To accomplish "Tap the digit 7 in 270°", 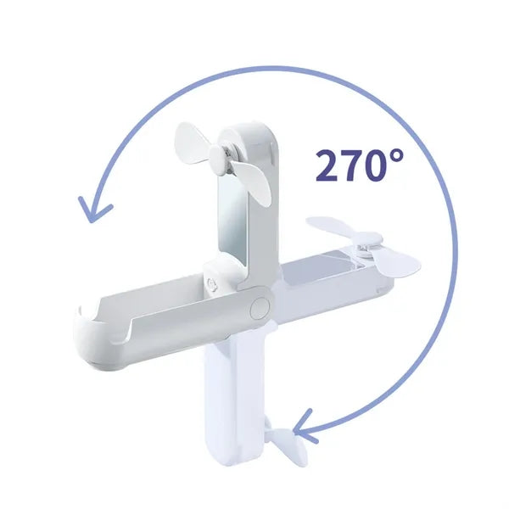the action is tap(353, 165).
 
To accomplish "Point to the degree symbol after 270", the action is tap(397, 156).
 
